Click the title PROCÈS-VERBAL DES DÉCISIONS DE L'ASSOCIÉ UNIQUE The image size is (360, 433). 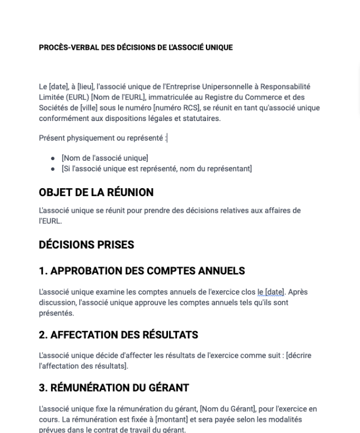point(135,48)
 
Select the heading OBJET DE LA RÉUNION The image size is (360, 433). point(96,193)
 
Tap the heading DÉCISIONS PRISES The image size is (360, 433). point(86,245)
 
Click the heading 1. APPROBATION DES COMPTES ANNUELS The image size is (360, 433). point(142,271)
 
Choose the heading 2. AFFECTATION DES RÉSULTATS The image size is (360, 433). point(118,335)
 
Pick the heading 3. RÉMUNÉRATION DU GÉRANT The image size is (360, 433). point(114,388)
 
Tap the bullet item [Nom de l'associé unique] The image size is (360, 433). point(105,159)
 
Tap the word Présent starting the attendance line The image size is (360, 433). point(51,138)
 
